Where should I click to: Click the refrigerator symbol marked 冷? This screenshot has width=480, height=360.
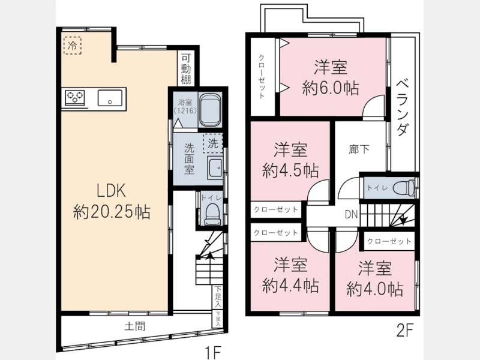73,46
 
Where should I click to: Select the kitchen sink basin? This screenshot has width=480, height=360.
110,98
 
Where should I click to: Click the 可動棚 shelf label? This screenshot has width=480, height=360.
185,70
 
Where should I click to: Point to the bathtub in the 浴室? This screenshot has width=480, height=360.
211,110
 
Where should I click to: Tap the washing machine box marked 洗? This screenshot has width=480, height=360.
213,143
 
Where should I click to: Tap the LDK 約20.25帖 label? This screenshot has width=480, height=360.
112,202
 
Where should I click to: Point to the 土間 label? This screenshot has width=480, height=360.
134,326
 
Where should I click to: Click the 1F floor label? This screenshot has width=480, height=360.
213,353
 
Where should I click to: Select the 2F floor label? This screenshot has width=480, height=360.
404,331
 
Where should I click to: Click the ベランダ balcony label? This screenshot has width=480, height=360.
403,107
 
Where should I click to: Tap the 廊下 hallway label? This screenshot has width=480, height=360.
359,149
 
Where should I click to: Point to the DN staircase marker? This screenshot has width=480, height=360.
352,214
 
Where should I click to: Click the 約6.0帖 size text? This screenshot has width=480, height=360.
331,88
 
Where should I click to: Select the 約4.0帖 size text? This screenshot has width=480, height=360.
374,289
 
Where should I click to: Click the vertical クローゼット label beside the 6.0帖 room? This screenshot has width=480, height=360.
262,77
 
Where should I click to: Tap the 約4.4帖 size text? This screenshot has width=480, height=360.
290,286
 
